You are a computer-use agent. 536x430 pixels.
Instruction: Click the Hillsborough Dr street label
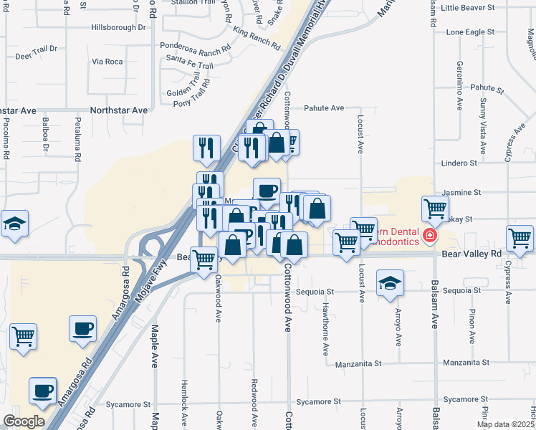click(x=118, y=27)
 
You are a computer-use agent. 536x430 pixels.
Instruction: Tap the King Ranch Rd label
click(x=256, y=38)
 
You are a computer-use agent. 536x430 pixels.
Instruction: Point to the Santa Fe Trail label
click(x=190, y=66)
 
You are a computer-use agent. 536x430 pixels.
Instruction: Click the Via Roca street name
click(x=107, y=62)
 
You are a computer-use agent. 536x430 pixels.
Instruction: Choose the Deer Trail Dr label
click(x=36, y=52)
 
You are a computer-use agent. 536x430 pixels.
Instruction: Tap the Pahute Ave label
click(x=324, y=108)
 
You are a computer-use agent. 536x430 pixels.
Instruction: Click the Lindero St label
click(x=459, y=163)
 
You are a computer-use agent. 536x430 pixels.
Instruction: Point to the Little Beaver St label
click(x=469, y=8)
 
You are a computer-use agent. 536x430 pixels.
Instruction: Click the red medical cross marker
click(x=429, y=235)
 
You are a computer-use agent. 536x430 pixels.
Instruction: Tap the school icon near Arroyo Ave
click(x=390, y=282)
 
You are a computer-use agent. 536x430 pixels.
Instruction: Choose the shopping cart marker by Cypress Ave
click(x=520, y=237)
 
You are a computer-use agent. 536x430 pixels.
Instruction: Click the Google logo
click(x=24, y=421)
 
